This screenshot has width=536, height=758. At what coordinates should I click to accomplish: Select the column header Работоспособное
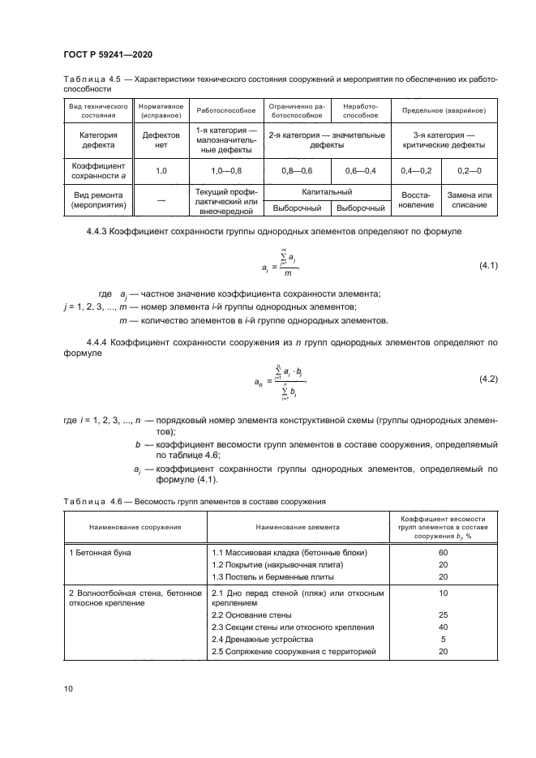226,109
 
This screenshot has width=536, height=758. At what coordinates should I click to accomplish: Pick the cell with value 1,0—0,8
226,170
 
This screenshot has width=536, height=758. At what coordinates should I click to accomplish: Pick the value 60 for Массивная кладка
443,551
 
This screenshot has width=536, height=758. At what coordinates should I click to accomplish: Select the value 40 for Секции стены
443,627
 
